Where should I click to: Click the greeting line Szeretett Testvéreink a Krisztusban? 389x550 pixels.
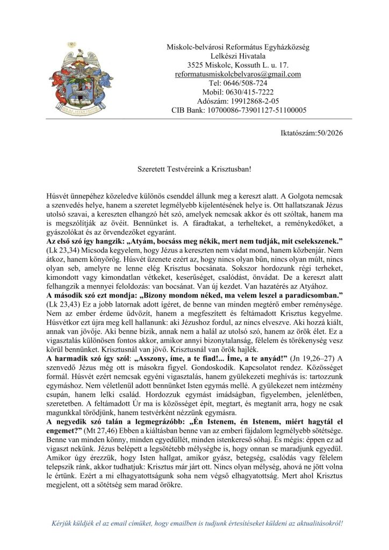194,168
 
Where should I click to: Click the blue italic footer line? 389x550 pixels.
197,523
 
